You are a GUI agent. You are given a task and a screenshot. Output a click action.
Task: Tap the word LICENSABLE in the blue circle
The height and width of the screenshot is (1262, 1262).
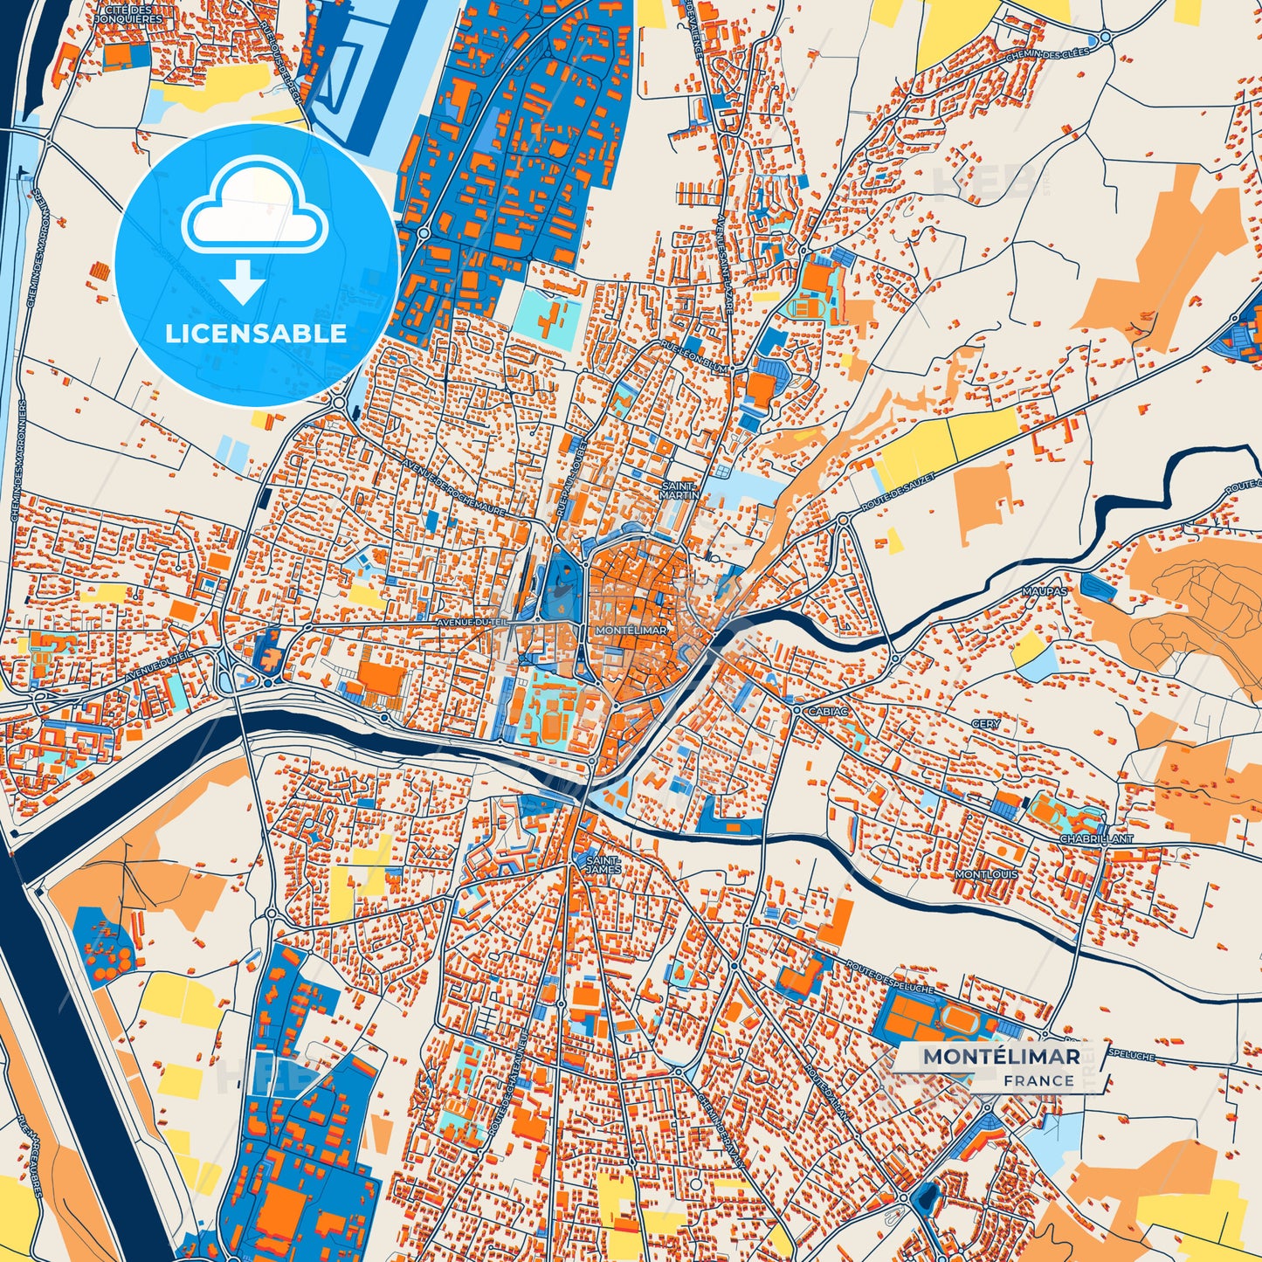tap(256, 333)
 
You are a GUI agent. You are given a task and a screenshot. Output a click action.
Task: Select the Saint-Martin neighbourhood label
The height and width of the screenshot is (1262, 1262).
tap(681, 490)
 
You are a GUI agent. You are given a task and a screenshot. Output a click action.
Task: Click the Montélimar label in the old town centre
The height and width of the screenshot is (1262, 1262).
tap(630, 630)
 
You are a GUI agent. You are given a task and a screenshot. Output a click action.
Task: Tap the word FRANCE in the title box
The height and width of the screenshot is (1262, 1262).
tap(1038, 1079)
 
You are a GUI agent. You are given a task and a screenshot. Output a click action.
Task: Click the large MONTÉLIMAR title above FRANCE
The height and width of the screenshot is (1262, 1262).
tap(1002, 1056)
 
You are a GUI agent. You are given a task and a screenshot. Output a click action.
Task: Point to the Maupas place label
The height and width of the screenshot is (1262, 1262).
tap(1045, 591)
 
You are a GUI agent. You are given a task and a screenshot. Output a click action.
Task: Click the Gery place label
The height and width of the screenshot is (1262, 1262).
tap(986, 724)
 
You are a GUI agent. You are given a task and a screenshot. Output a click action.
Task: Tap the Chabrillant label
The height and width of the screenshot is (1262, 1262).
tap(1096, 838)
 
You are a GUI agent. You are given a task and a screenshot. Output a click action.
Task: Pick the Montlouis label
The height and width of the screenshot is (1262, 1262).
tap(986, 874)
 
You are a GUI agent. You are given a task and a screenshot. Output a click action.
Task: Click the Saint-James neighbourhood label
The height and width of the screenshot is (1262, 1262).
tap(603, 864)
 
